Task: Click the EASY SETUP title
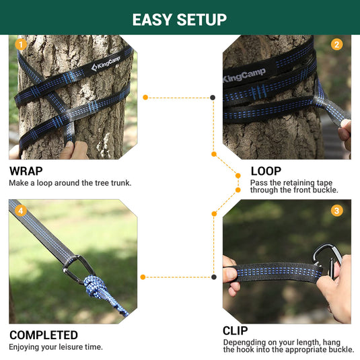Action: [180, 19]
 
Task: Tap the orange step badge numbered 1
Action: [21, 44]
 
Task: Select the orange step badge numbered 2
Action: [337, 44]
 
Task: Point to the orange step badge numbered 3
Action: [337, 211]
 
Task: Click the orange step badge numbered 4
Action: [21, 211]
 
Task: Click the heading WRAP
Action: [26, 172]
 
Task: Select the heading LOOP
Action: [266, 171]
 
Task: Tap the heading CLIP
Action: [236, 330]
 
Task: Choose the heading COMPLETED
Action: [44, 335]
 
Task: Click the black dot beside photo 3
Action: [213, 277]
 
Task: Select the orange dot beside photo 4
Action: [142, 277]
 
